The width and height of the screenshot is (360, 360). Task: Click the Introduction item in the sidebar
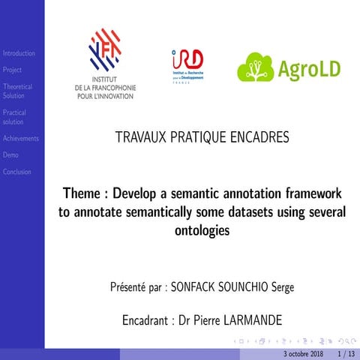[18, 53]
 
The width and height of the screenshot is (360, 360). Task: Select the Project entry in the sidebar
[12, 70]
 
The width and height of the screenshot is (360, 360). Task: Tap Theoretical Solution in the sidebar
[17, 91]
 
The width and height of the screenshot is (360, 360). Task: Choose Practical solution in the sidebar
[14, 117]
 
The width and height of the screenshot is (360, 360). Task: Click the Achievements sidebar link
[20, 138]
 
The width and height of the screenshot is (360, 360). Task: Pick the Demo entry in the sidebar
[10, 154]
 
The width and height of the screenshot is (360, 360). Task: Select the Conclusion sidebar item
[16, 172]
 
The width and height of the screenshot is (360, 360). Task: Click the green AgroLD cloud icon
[256, 68]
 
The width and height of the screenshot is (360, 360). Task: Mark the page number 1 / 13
[346, 353]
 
